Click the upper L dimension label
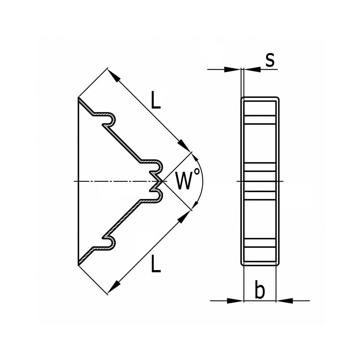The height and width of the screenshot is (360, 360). pos(156,100)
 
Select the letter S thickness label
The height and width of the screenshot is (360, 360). pos(270,60)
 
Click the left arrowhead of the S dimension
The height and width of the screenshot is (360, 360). pos(232,69)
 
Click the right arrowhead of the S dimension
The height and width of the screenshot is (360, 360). pos(253,69)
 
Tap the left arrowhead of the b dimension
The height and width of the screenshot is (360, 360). pos(235,301)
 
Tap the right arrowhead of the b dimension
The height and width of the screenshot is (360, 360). pos(284,301)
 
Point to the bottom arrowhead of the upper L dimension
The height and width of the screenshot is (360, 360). pos(185,145)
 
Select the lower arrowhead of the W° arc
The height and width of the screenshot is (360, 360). pos(195,204)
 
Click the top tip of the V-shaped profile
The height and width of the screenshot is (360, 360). pos(79,97)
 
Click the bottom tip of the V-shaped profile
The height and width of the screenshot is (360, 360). pos(79,265)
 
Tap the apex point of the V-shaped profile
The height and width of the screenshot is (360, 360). pos(163,181)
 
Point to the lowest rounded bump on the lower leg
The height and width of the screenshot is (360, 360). pos(112,243)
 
